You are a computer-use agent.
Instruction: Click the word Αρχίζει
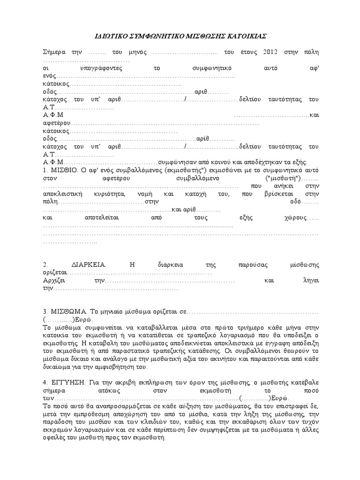pyautogui.click(x=53, y=280)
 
